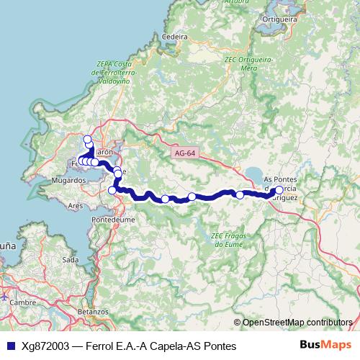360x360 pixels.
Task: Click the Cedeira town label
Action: tap(176, 36)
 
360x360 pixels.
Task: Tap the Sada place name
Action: tap(71, 259)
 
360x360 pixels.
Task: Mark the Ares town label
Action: tap(75, 205)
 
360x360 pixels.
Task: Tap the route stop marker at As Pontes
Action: tap(279, 191)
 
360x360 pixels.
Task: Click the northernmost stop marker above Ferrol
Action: tap(88, 139)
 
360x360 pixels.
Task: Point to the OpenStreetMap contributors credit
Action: tap(295, 323)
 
